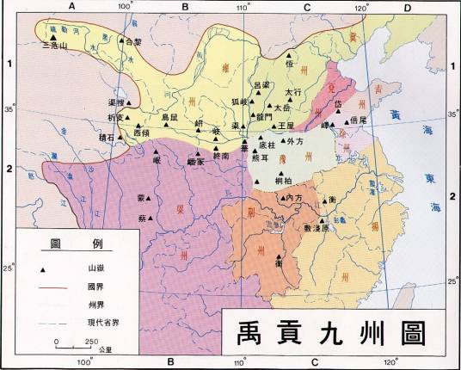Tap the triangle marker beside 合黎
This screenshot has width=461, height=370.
pyautogui.click(x=120, y=41)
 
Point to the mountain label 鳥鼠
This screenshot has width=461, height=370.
pyautogui.click(x=171, y=115)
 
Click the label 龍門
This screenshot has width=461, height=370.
pyautogui.click(x=263, y=114)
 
